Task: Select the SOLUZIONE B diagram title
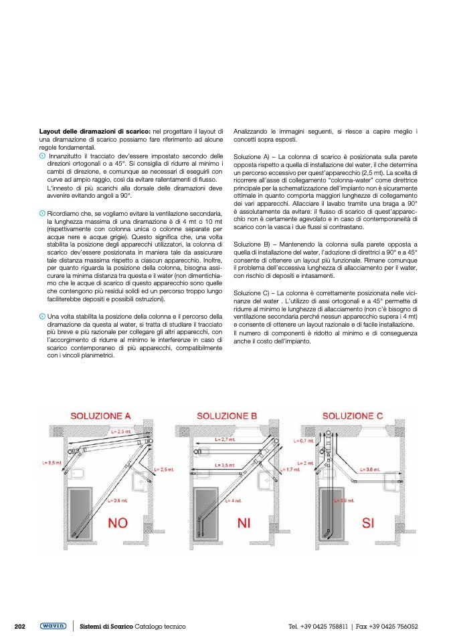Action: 227,416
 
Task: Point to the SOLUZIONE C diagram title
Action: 353,416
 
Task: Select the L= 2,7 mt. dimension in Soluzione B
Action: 225,439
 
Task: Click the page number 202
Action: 20,626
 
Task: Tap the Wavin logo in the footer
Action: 53,626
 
